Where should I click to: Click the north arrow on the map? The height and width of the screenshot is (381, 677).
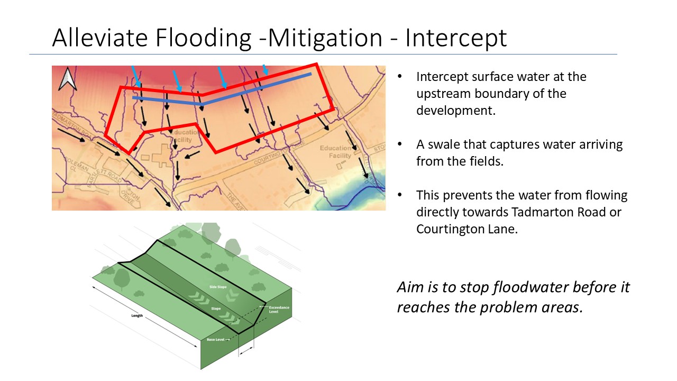coord(67,79)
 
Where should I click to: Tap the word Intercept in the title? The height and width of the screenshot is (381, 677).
coord(456,38)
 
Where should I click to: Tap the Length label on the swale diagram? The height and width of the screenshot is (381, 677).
coord(137,316)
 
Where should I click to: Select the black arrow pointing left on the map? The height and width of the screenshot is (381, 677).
coord(192,154)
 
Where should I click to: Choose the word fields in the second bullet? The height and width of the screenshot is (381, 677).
coord(487,161)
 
